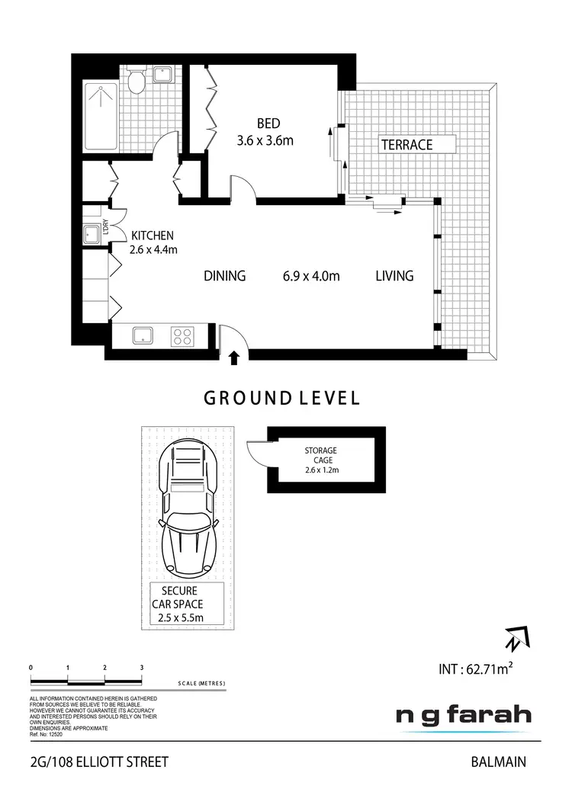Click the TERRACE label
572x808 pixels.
pos(407,145)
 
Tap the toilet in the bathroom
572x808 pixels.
pos(137,81)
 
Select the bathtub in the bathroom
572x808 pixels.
pos(101,117)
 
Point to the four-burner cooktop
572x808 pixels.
pos(183,335)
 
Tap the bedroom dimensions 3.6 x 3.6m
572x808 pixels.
pos(266,139)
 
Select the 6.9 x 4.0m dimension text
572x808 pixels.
pos(310,276)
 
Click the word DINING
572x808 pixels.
pos(225,276)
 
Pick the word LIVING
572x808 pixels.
pos(394,276)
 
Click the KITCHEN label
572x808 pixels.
pos(153,236)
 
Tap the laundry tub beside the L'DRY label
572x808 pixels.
pos(93,232)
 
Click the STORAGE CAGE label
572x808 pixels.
pos(320,455)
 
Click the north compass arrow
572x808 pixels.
pos(516,636)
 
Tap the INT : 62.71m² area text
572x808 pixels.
pos(475,670)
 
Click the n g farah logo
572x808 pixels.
pos(463,717)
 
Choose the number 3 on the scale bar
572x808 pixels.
pos(142,668)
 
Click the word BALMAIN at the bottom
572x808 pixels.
pos(499,761)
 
